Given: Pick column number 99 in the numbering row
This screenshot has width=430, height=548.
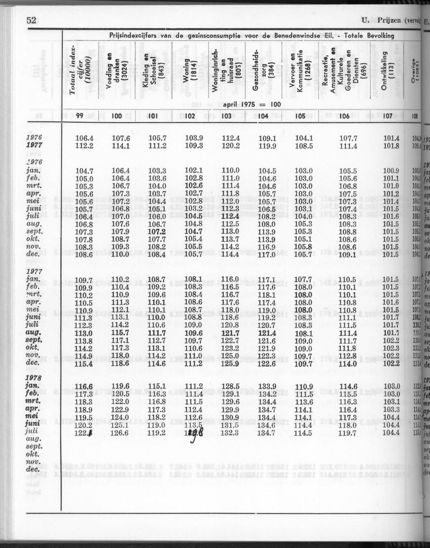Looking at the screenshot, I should point(79,116).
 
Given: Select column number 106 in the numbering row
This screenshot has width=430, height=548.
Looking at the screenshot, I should point(345,116).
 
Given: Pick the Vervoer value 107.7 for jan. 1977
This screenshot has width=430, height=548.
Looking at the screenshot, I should point(304,279).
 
